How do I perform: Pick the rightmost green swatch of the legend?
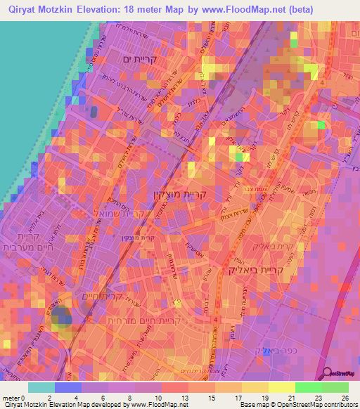coord(335,387)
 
